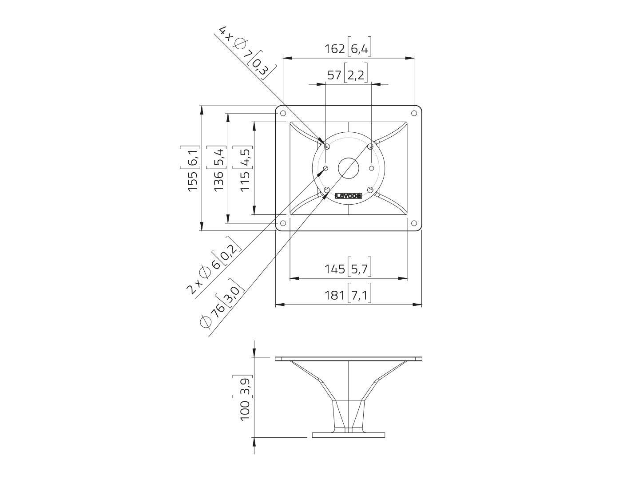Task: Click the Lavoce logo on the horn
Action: point(349,196)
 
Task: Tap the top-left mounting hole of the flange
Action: point(283,113)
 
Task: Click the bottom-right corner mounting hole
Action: point(414,223)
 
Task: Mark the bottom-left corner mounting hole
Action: point(283,223)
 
